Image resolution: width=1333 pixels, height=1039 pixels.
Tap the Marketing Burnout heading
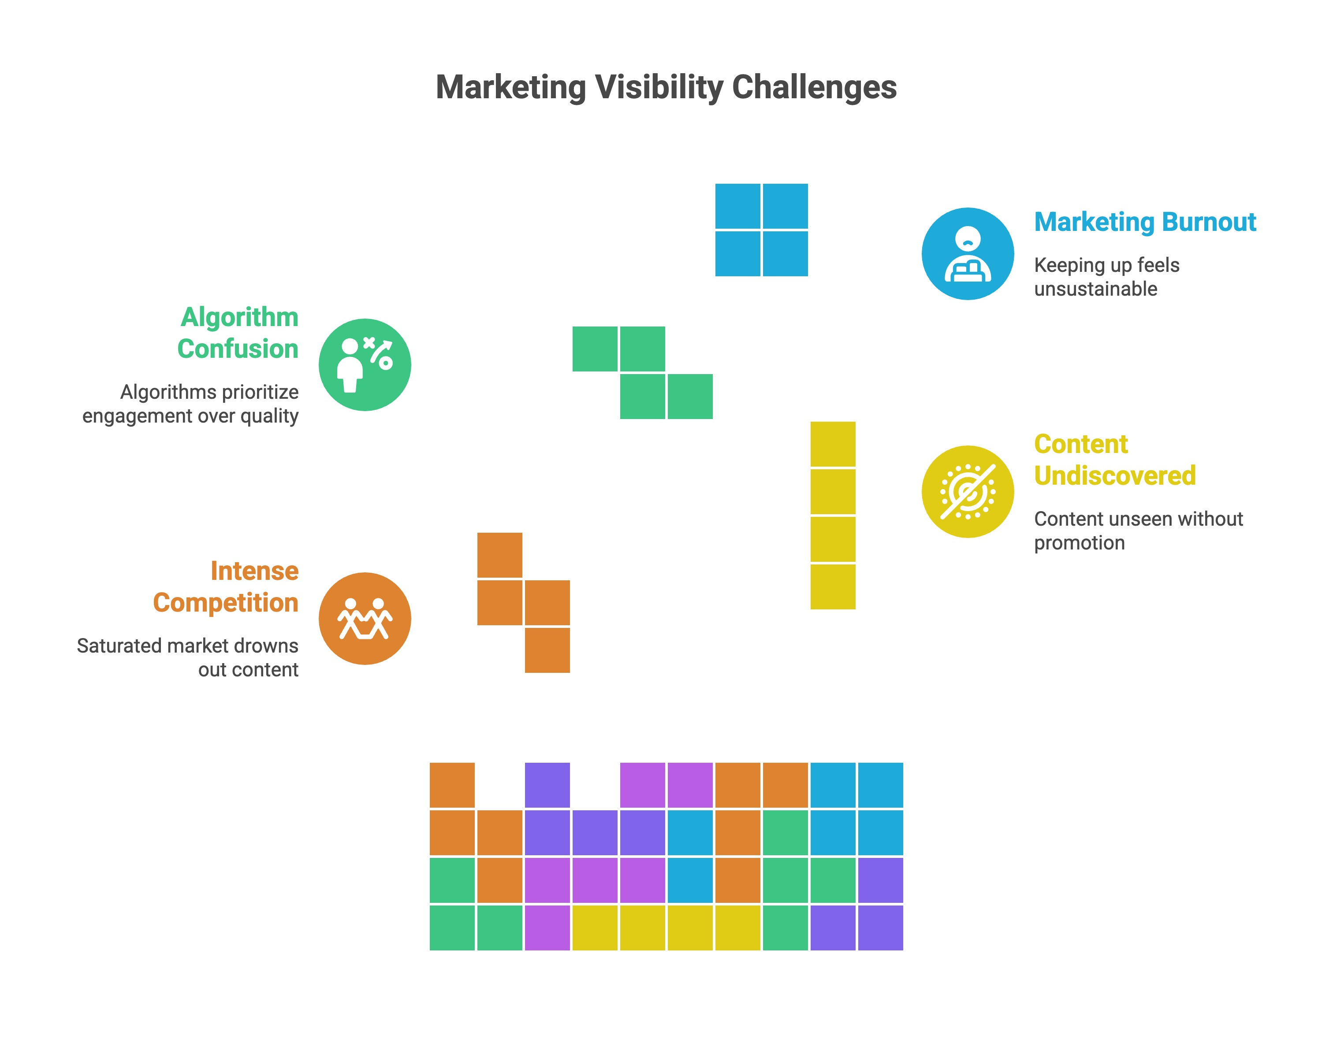(x=1144, y=222)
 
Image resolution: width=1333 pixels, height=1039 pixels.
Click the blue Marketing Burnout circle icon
(x=968, y=254)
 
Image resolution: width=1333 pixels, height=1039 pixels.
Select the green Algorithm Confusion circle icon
(x=365, y=365)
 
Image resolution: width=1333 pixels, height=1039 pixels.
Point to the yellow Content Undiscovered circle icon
(x=968, y=492)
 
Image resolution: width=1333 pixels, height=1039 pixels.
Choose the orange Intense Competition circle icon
(x=365, y=619)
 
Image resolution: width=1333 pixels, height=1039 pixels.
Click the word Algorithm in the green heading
(x=239, y=317)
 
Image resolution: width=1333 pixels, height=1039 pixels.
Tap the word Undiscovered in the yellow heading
(x=1114, y=476)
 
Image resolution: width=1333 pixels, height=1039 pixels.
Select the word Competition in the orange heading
(x=225, y=603)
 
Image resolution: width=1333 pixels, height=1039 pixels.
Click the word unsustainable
(x=1095, y=289)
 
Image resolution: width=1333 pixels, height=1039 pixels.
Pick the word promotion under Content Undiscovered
(x=1079, y=543)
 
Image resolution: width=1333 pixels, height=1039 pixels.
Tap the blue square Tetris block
(x=761, y=230)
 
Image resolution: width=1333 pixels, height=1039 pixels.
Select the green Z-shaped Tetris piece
(x=643, y=373)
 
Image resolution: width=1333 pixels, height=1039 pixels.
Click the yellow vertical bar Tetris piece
(x=833, y=515)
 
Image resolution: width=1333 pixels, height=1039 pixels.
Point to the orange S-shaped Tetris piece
(x=523, y=603)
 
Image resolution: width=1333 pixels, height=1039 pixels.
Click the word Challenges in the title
(x=814, y=87)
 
